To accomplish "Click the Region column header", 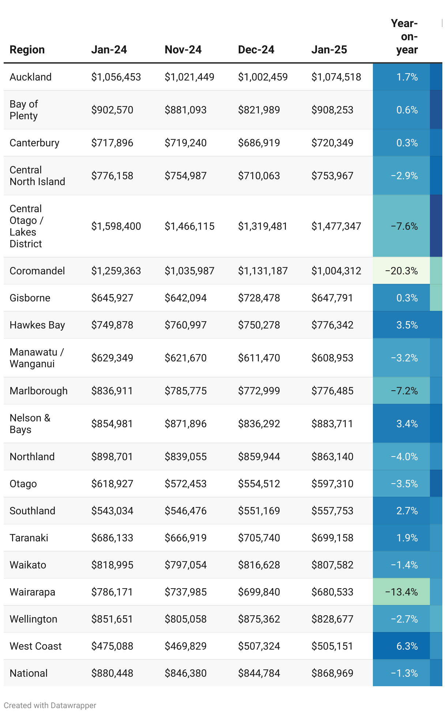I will (x=27, y=50).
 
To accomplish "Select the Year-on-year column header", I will (x=405, y=37).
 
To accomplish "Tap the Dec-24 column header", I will (x=256, y=50).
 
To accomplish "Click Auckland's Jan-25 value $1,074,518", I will (x=336, y=77).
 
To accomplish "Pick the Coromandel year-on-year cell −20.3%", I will (x=401, y=271).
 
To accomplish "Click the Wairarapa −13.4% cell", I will (x=401, y=592).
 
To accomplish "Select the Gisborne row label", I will (x=30, y=298).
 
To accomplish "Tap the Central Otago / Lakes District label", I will (x=26, y=226).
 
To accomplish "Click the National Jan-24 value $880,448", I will (x=112, y=673).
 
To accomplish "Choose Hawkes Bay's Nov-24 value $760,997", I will (x=185, y=325).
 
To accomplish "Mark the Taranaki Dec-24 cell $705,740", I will (x=259, y=538).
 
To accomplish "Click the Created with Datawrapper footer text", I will (x=50, y=706).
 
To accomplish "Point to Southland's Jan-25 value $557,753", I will (x=332, y=511).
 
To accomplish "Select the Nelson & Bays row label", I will (x=30, y=424).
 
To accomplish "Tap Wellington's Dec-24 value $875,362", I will (x=259, y=619).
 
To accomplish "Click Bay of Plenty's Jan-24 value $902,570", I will (x=112, y=110).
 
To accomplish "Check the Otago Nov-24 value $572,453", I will (x=185, y=484).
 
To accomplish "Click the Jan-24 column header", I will (x=109, y=50).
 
